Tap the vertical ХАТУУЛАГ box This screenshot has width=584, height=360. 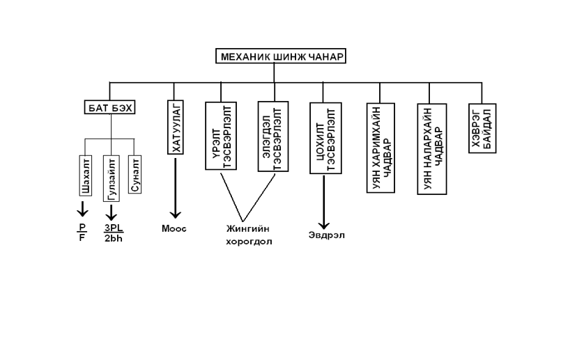[175, 126]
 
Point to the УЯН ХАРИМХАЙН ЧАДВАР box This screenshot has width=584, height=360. [380, 148]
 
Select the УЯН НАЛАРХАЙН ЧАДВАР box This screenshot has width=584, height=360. [432, 148]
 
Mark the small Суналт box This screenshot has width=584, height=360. [135, 175]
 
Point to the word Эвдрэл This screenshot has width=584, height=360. [326, 235]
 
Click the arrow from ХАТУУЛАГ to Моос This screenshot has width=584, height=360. [174, 188]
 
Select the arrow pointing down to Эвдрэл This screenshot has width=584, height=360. [324, 201]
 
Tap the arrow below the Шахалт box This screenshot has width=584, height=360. [82, 208]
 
